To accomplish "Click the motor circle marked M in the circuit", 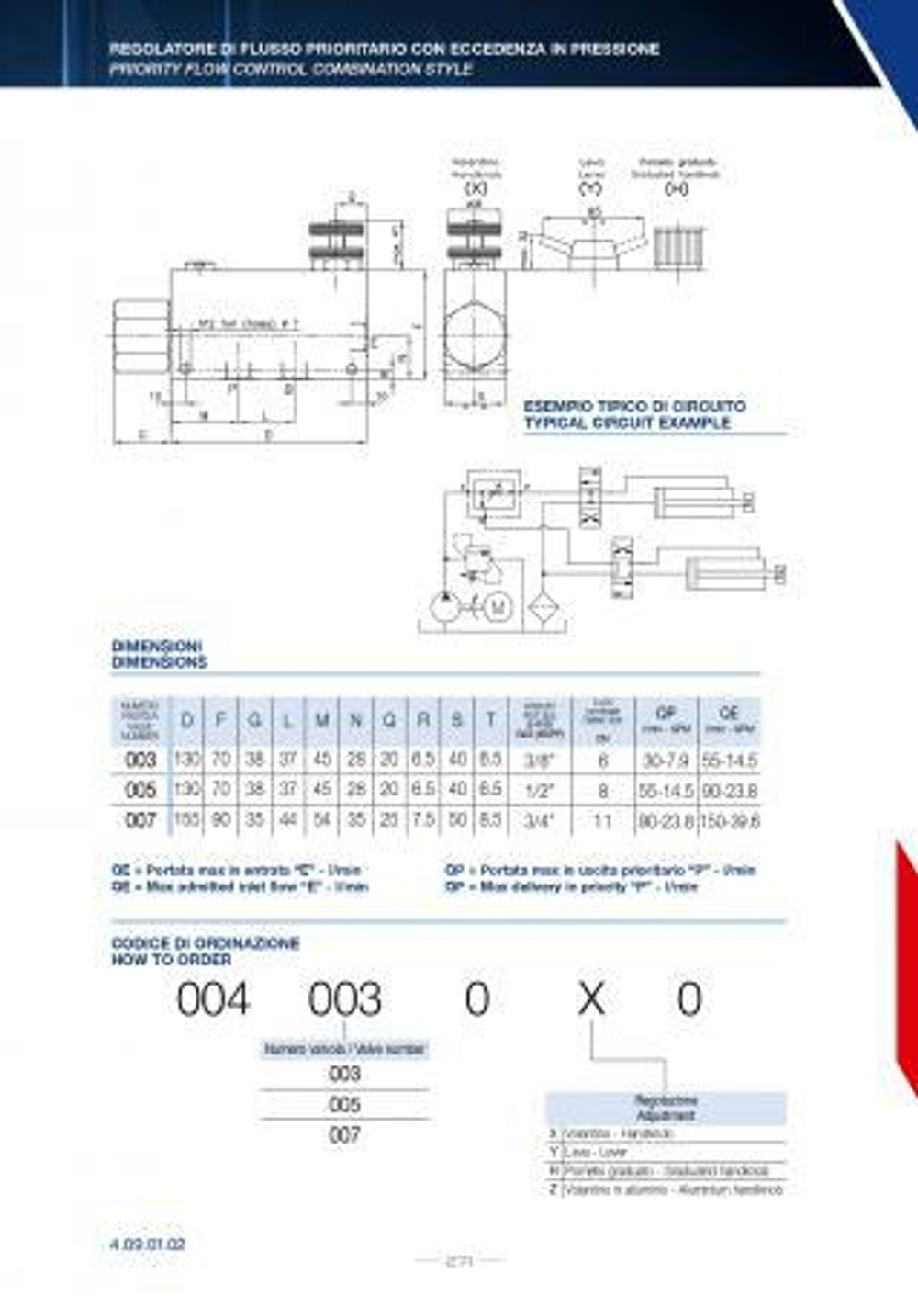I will [498, 607].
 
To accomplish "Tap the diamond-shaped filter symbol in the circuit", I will [545, 607].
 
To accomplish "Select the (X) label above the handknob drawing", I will [475, 188].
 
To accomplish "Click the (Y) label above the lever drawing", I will [590, 188].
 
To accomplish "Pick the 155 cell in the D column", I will [186, 819].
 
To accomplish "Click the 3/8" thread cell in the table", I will [539, 761].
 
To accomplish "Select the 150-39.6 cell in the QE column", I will [730, 820].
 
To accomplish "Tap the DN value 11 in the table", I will [602, 820].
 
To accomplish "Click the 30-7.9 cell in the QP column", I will [666, 761].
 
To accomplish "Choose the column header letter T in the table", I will [491, 721].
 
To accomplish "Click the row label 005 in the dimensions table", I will [140, 790].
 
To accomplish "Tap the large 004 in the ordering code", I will [213, 999].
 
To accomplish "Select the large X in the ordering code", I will [591, 999].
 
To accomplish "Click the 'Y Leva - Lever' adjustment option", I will [592, 1152].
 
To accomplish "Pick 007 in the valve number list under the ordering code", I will [344, 1135].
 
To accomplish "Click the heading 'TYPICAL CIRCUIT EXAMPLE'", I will [627, 423].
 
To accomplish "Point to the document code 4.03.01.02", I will [148, 1245].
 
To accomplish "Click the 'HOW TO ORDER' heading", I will [172, 960].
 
